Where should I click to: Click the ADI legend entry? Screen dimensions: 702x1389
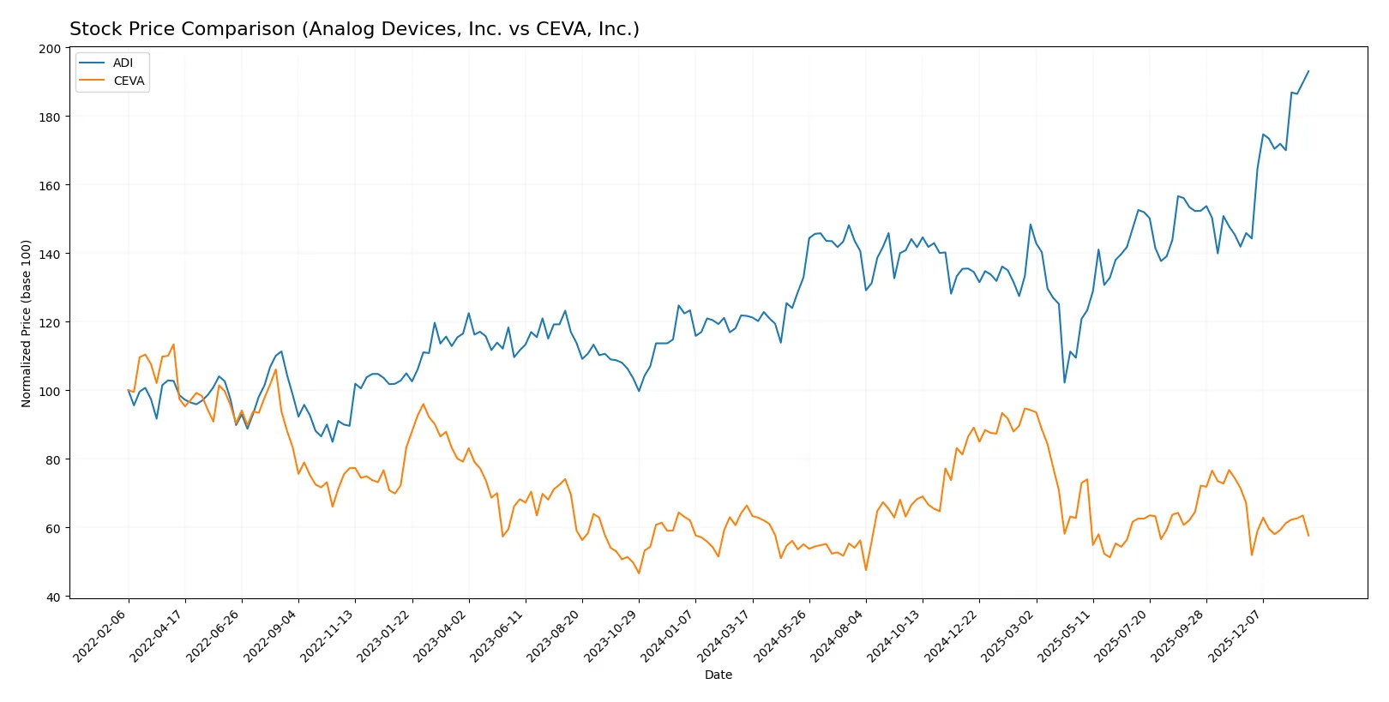[x=123, y=63]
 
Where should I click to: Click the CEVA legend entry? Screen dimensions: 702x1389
[x=129, y=81]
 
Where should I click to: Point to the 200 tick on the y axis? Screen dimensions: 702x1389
[x=50, y=49]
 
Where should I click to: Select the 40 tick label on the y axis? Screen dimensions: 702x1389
[x=53, y=597]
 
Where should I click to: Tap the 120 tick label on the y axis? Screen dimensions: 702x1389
[x=50, y=323]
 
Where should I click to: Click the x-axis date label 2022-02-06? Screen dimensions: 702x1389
[x=100, y=635]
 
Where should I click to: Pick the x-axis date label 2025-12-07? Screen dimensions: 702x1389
[x=1235, y=635]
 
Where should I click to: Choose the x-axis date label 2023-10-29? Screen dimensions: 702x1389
[x=610, y=635]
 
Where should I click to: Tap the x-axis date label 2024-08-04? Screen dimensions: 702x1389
[x=838, y=635]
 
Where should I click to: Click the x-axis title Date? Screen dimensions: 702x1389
[x=718, y=675]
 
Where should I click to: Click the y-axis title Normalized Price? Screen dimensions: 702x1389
[x=26, y=323]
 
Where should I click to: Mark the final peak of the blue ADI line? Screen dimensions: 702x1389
[x=1308, y=71]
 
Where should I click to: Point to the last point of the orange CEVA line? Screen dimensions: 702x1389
[x=1308, y=536]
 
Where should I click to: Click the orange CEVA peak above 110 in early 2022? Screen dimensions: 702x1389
[x=173, y=345]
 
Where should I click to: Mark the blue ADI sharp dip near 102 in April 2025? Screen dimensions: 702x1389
[x=1065, y=382]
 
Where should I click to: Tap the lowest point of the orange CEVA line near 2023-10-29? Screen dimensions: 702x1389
[x=639, y=573]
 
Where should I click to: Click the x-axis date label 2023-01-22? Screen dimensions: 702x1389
[x=384, y=635]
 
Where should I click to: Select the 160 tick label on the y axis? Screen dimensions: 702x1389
[x=50, y=186]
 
